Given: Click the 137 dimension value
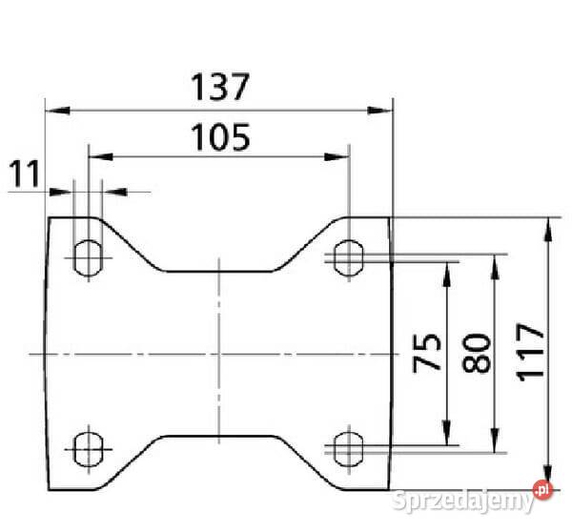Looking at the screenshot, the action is tap(220, 87).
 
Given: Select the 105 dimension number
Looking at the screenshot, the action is tap(220, 137).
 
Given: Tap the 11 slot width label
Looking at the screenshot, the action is tap(24, 174).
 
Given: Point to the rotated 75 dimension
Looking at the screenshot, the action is tap(426, 353).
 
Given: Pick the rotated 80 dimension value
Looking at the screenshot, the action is tap(476, 353).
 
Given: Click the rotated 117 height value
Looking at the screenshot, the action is tap(531, 353).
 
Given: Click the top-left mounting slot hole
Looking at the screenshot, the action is tap(89, 257).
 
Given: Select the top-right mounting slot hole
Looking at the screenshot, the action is tap(349, 257).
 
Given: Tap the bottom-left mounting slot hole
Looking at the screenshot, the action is tap(89, 449).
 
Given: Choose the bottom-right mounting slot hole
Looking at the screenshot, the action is tap(349, 449).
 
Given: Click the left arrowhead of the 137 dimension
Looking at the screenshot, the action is tap(57, 111).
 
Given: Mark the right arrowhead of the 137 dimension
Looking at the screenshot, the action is tap(379, 111).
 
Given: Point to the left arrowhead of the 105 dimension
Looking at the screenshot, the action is tap(101, 157).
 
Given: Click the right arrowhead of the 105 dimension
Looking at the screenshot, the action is tap(337, 157).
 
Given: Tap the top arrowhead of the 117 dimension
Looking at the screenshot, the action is tap(547, 230).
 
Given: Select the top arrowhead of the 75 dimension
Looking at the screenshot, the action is tap(446, 275).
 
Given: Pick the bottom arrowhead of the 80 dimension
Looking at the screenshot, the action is tap(494, 440).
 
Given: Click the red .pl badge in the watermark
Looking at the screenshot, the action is tap(542, 490).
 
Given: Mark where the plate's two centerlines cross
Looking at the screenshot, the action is tap(219, 354).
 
